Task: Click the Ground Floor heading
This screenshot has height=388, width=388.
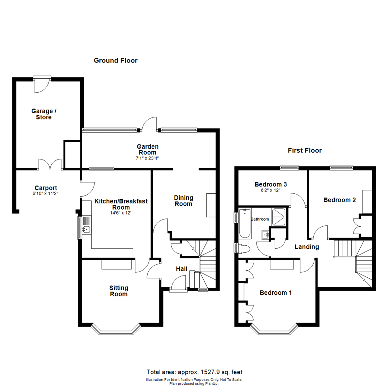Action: pyautogui.click(x=115, y=60)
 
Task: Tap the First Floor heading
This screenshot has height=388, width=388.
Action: pyautogui.click(x=305, y=150)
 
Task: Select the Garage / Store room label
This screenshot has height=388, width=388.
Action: pyautogui.click(x=43, y=114)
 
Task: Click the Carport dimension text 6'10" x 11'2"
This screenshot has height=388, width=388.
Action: pyautogui.click(x=46, y=193)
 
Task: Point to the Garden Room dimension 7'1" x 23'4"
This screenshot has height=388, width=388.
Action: pyautogui.click(x=147, y=157)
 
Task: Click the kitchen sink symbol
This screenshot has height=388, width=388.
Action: pyautogui.click(x=86, y=230)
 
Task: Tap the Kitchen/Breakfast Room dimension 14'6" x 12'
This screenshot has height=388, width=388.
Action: pyautogui.click(x=121, y=213)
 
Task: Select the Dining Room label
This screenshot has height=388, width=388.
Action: pyautogui.click(x=184, y=201)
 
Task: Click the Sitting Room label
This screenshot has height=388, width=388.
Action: pyautogui.click(x=119, y=291)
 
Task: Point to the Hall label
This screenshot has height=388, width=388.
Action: pyautogui.click(x=181, y=269)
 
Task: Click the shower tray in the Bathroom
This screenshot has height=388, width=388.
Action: pyautogui.click(x=279, y=217)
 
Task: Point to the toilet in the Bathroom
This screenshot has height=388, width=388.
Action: pyautogui.click(x=244, y=248)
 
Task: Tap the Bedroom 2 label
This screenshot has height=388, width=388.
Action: pyautogui.click(x=339, y=200)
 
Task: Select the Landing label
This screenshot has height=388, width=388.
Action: pyautogui.click(x=307, y=247)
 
